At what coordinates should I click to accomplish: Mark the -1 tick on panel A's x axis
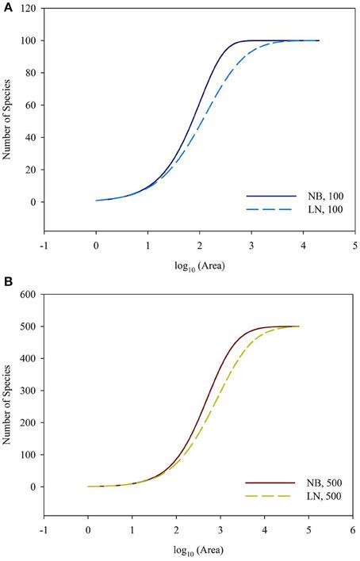pyautogui.click(x=43, y=247)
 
